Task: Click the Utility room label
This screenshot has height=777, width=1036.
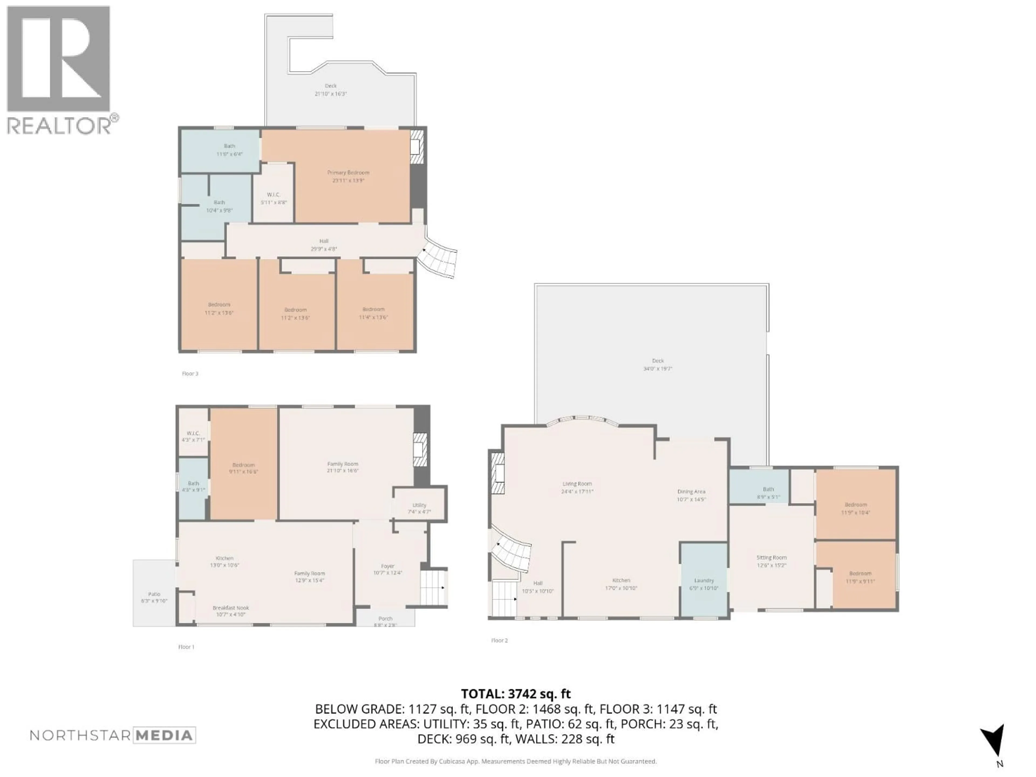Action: (x=419, y=505)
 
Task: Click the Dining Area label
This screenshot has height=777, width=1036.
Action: (x=691, y=491)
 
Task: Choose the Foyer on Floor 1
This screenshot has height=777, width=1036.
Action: (x=387, y=566)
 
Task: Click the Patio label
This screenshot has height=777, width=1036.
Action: (x=154, y=594)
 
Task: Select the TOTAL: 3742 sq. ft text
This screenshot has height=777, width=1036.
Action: (x=516, y=694)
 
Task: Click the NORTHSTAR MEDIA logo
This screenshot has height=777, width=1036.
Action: (x=113, y=735)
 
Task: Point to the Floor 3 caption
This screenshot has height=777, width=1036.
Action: (x=190, y=374)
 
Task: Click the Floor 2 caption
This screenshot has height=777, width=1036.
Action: (x=499, y=640)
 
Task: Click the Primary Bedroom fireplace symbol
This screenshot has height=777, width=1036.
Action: (x=416, y=146)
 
